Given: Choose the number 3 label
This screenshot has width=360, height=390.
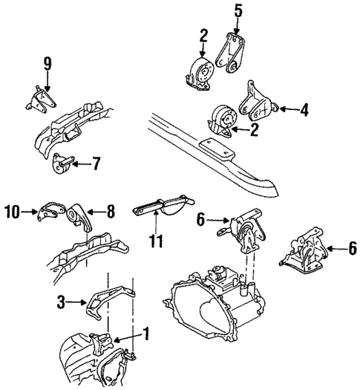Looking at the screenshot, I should tap(62, 302).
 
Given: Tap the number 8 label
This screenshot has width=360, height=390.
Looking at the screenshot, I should tap(110, 211).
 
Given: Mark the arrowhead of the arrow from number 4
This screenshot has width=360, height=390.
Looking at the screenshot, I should tap(278, 111).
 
